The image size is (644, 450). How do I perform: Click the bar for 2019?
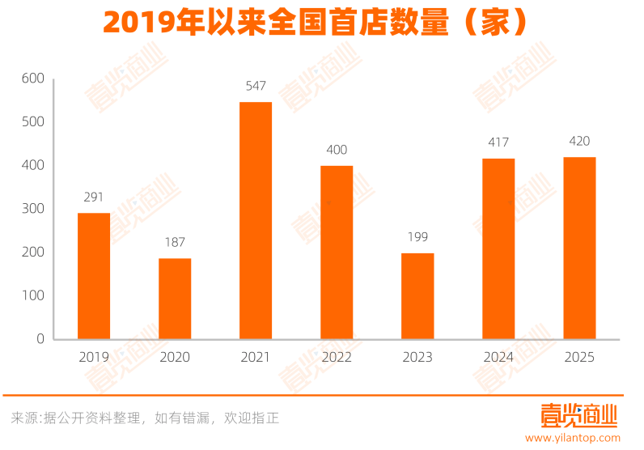[94, 276]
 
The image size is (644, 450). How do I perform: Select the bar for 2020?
[175, 299]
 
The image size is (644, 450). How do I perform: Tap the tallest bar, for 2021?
[256, 220]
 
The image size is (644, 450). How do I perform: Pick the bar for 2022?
[337, 253]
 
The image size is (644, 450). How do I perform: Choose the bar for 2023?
[417, 296]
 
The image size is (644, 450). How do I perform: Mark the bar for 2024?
[498, 248]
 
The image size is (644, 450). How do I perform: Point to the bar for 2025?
[579, 248]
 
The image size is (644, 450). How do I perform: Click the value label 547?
[256, 86]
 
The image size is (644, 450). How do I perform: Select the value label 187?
[175, 242]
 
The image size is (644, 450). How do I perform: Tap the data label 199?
[417, 237]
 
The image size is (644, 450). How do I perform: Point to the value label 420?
[579, 142]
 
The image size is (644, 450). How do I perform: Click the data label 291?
[94, 197]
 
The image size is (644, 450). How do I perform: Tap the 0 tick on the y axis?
[40, 339]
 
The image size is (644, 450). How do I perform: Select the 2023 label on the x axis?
[417, 357]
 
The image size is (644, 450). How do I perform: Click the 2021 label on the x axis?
[256, 357]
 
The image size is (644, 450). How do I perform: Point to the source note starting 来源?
[145, 418]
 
